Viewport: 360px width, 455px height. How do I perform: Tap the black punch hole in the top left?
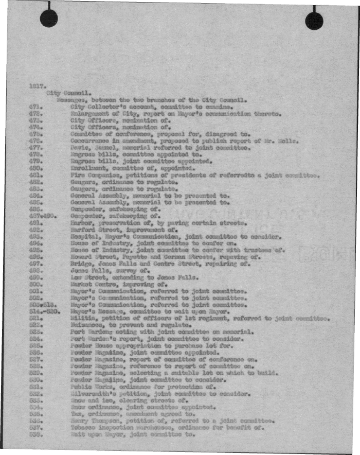[x=49, y=19]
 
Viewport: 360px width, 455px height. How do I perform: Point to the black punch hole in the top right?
[x=314, y=21]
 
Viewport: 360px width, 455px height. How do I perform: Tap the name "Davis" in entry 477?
[x=78, y=147]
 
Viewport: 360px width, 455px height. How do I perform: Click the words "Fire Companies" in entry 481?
[x=93, y=175]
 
